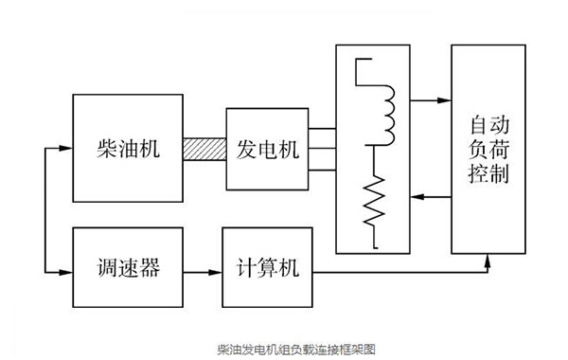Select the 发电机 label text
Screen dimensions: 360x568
click(x=266, y=149)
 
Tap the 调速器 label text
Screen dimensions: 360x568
click(x=127, y=268)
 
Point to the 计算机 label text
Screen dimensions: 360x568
click(x=266, y=268)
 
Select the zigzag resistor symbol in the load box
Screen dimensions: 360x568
click(x=379, y=202)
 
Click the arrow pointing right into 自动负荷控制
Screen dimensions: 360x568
click(x=437, y=99)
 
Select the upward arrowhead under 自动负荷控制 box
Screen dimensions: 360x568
click(x=488, y=260)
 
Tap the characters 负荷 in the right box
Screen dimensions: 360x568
click(x=488, y=151)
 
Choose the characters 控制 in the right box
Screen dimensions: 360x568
click(x=488, y=175)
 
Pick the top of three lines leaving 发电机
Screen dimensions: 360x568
click(x=321, y=129)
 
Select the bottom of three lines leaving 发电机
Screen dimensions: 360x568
click(x=321, y=170)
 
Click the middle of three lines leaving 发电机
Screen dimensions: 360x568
click(x=321, y=149)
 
